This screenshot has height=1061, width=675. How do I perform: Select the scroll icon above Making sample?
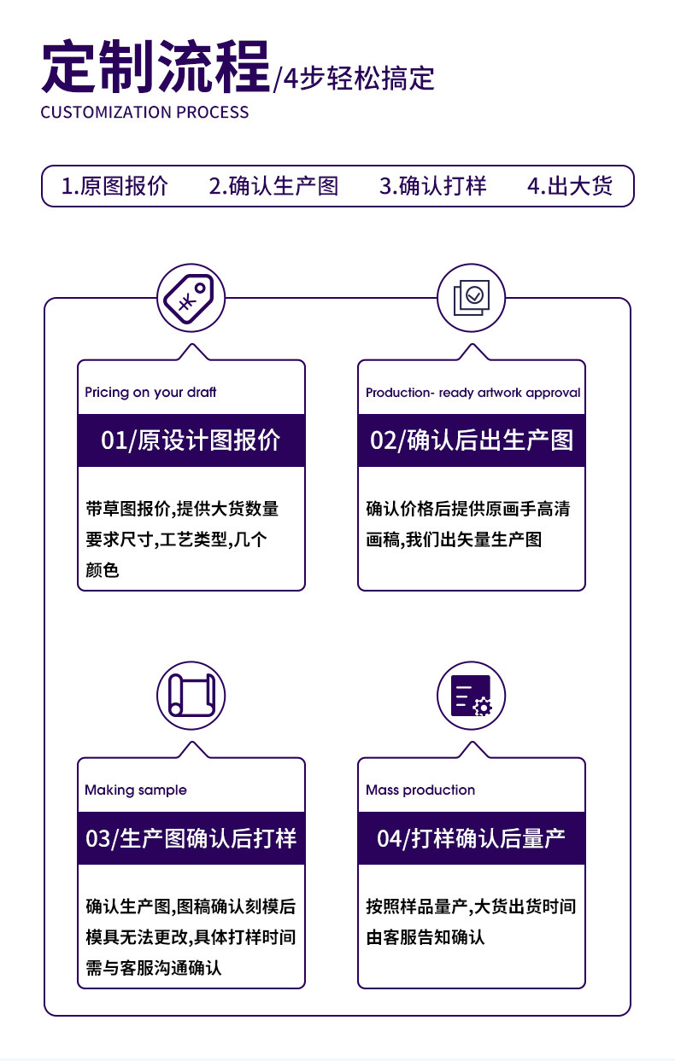pos(191,696)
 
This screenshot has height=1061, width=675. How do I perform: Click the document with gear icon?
pos(471,696)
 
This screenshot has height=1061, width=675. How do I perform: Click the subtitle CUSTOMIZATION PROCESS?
pos(144,113)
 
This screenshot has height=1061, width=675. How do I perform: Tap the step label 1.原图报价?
pos(114,186)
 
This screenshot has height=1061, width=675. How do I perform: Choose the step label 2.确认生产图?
pos(273,186)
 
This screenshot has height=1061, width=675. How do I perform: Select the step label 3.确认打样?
pos(433,186)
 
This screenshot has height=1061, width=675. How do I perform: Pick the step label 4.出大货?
pos(570,186)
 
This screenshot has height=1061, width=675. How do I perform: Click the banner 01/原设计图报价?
pos(191,440)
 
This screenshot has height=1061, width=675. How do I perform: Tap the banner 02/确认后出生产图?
pos(472,440)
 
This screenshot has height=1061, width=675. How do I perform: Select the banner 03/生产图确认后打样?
pos(191,838)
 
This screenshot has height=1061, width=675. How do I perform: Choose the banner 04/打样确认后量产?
pos(471,838)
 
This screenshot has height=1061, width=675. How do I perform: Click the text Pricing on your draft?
pos(150,392)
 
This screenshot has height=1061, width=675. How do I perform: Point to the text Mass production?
pos(420,790)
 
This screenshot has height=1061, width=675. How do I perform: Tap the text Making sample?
pos(136,790)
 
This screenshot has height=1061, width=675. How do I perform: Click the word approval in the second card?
pos(553,394)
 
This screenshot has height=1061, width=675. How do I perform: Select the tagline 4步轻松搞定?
pos(359,79)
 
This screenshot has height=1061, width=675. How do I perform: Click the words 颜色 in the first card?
pos(102,570)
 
